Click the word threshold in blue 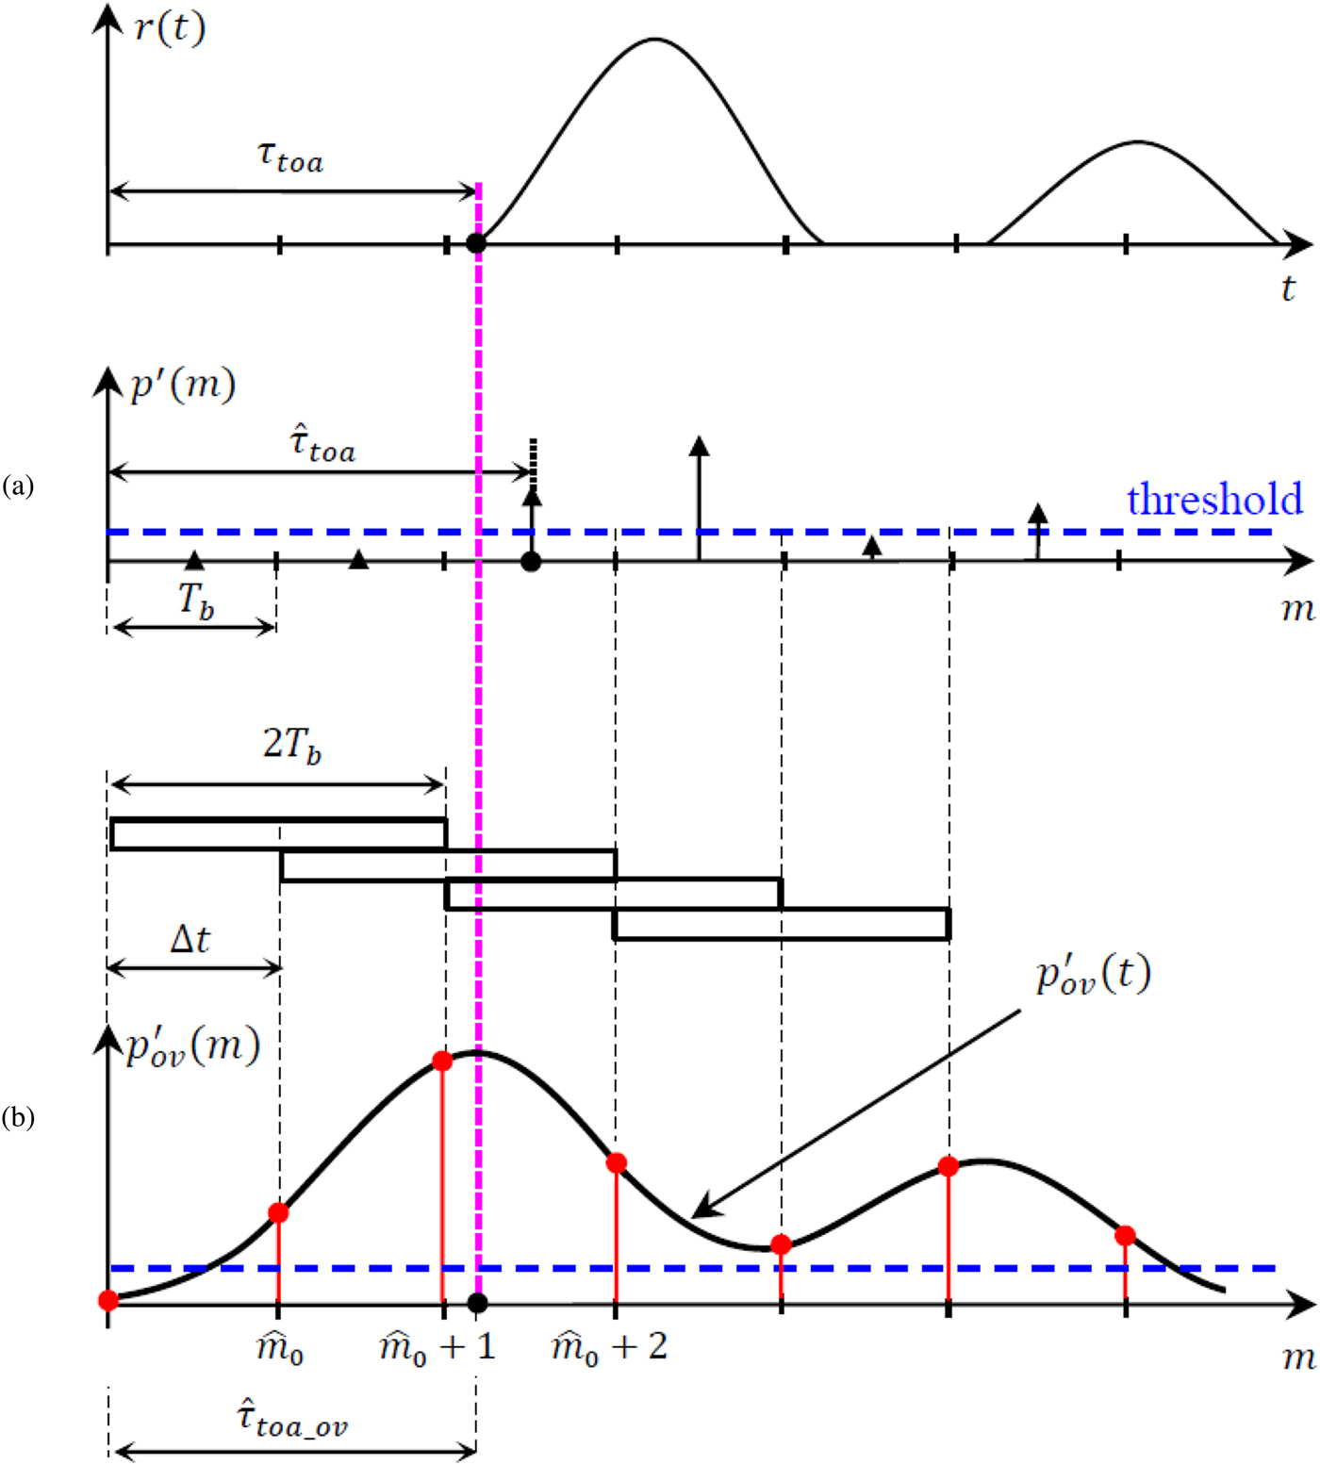[1214, 500]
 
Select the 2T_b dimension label [291, 745]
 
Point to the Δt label [190, 939]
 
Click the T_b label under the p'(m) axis [196, 601]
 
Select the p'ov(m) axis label [193, 1047]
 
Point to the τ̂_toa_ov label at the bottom [292, 1419]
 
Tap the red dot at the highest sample [442, 1062]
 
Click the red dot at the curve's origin [108, 1301]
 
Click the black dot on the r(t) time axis [476, 243]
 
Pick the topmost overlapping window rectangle [278, 834]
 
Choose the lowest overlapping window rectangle [781, 925]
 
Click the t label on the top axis [1288, 288]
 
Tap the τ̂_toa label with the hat [322, 444]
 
